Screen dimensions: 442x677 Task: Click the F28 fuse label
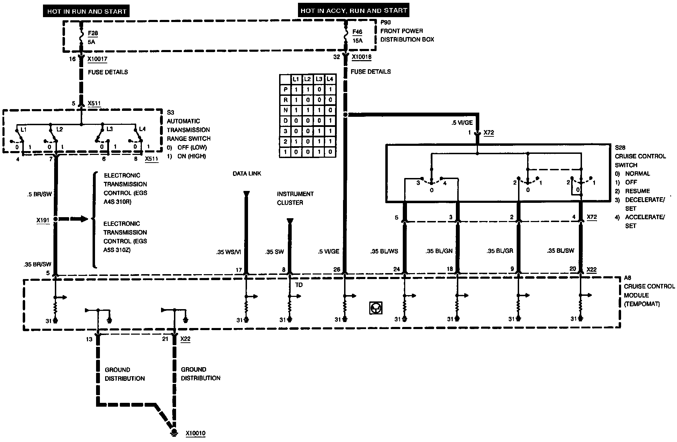[93, 33]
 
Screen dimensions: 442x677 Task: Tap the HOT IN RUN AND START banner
[87, 11]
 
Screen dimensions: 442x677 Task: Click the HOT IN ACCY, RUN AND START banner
[354, 10]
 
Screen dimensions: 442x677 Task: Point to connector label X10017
[97, 59]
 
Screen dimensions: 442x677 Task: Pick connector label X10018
[362, 57]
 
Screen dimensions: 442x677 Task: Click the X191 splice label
[43, 220]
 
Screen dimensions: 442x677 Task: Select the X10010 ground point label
[196, 434]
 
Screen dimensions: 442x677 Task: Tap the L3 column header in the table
[319, 79]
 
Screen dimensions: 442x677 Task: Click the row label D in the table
[285, 121]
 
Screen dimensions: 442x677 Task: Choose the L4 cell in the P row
[330, 90]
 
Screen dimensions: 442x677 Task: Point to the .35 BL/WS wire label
[384, 251]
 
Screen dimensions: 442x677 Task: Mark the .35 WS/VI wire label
[229, 252]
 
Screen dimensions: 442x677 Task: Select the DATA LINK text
[247, 173]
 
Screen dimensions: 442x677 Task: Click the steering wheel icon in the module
[376, 308]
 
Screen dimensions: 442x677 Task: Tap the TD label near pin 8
[299, 285]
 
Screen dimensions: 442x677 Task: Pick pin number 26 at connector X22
[337, 270]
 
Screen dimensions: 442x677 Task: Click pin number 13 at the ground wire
[89, 339]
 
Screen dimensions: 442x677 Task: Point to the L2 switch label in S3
[59, 129]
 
